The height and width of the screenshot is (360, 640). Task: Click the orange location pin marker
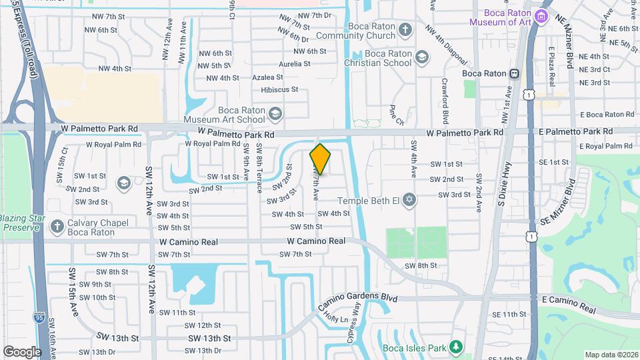[x=320, y=159]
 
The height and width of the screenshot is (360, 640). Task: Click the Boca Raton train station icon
[x=514, y=73]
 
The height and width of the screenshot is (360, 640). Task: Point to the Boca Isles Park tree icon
[x=456, y=347]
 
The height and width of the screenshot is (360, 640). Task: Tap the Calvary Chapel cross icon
[x=57, y=226]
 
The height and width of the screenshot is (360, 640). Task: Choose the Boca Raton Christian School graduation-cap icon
[x=421, y=58]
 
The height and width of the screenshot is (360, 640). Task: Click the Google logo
[x=22, y=351]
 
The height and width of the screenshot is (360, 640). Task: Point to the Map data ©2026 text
[x=611, y=355]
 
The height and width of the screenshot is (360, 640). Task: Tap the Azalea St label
[x=267, y=77]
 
